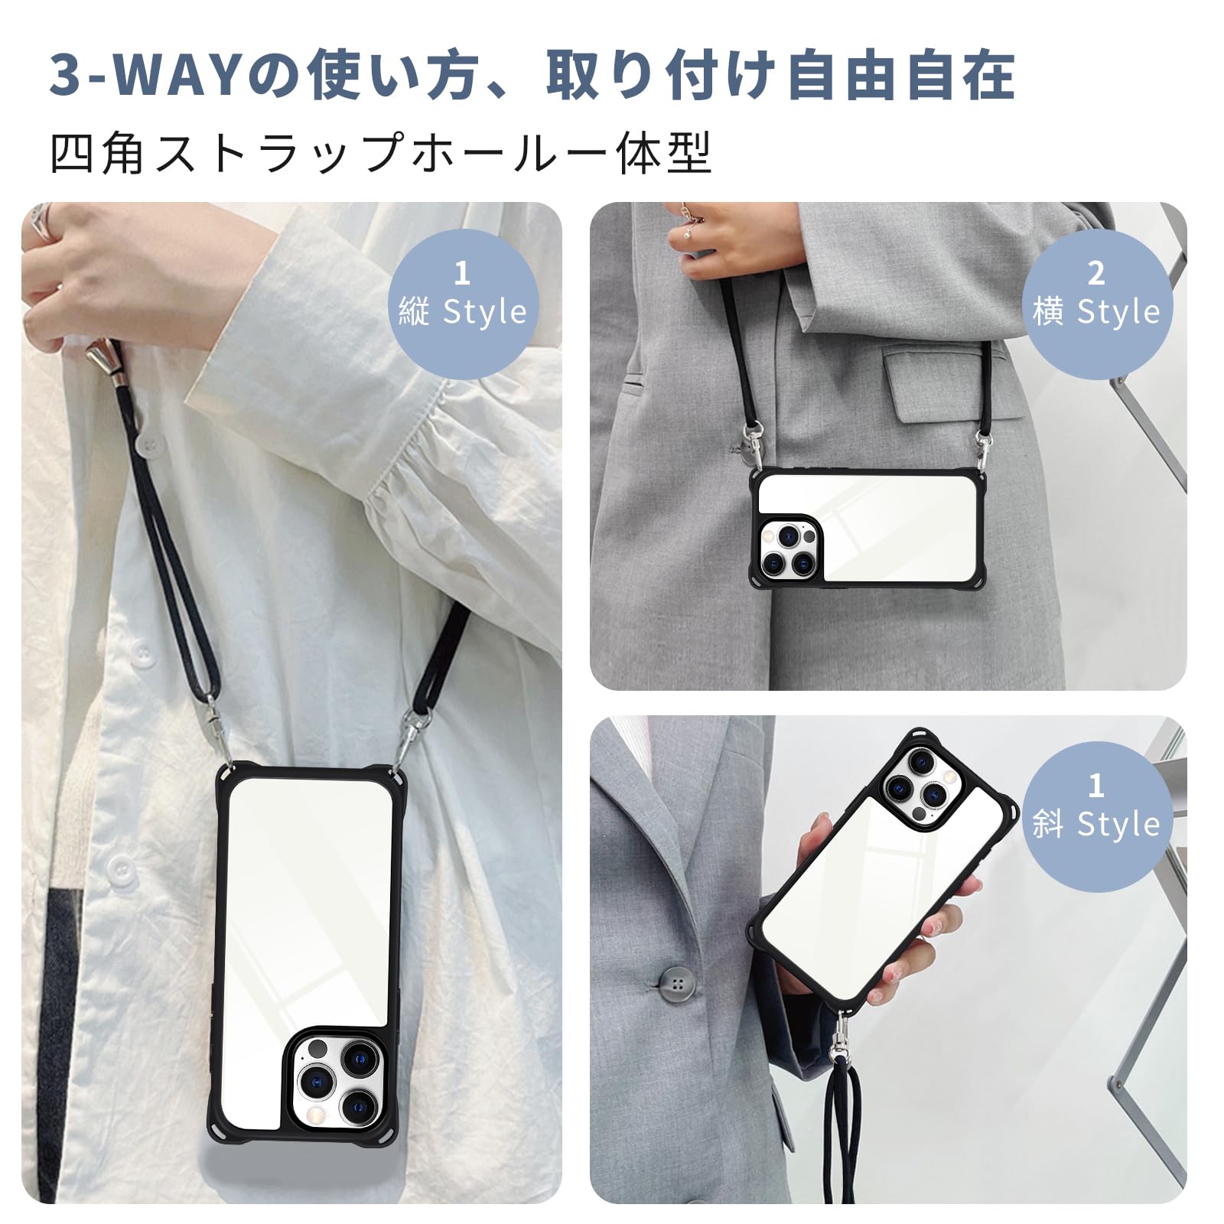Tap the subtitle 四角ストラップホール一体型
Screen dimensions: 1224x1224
click(380, 153)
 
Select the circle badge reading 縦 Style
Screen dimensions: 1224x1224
click(462, 295)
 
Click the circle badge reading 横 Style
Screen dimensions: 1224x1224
click(1096, 295)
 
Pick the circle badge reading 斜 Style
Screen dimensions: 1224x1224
click(1096, 808)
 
